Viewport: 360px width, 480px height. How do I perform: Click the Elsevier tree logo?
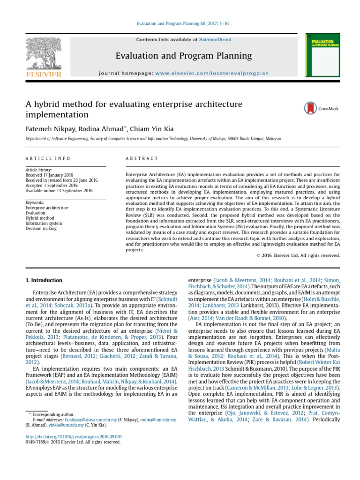(x=43, y=55)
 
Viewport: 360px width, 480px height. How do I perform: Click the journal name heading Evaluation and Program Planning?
(x=184, y=56)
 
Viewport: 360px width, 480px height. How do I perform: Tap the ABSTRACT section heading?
(x=142, y=158)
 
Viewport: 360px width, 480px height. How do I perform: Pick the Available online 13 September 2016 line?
(x=59, y=191)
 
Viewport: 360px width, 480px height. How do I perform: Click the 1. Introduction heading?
(x=44, y=280)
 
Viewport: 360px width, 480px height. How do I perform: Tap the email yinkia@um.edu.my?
(x=61, y=425)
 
